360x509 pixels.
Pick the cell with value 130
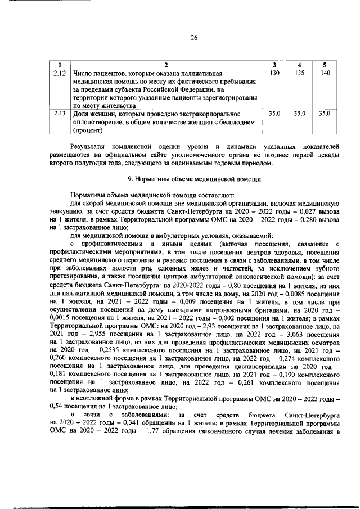point(274,74)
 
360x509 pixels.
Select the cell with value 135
point(300,74)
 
